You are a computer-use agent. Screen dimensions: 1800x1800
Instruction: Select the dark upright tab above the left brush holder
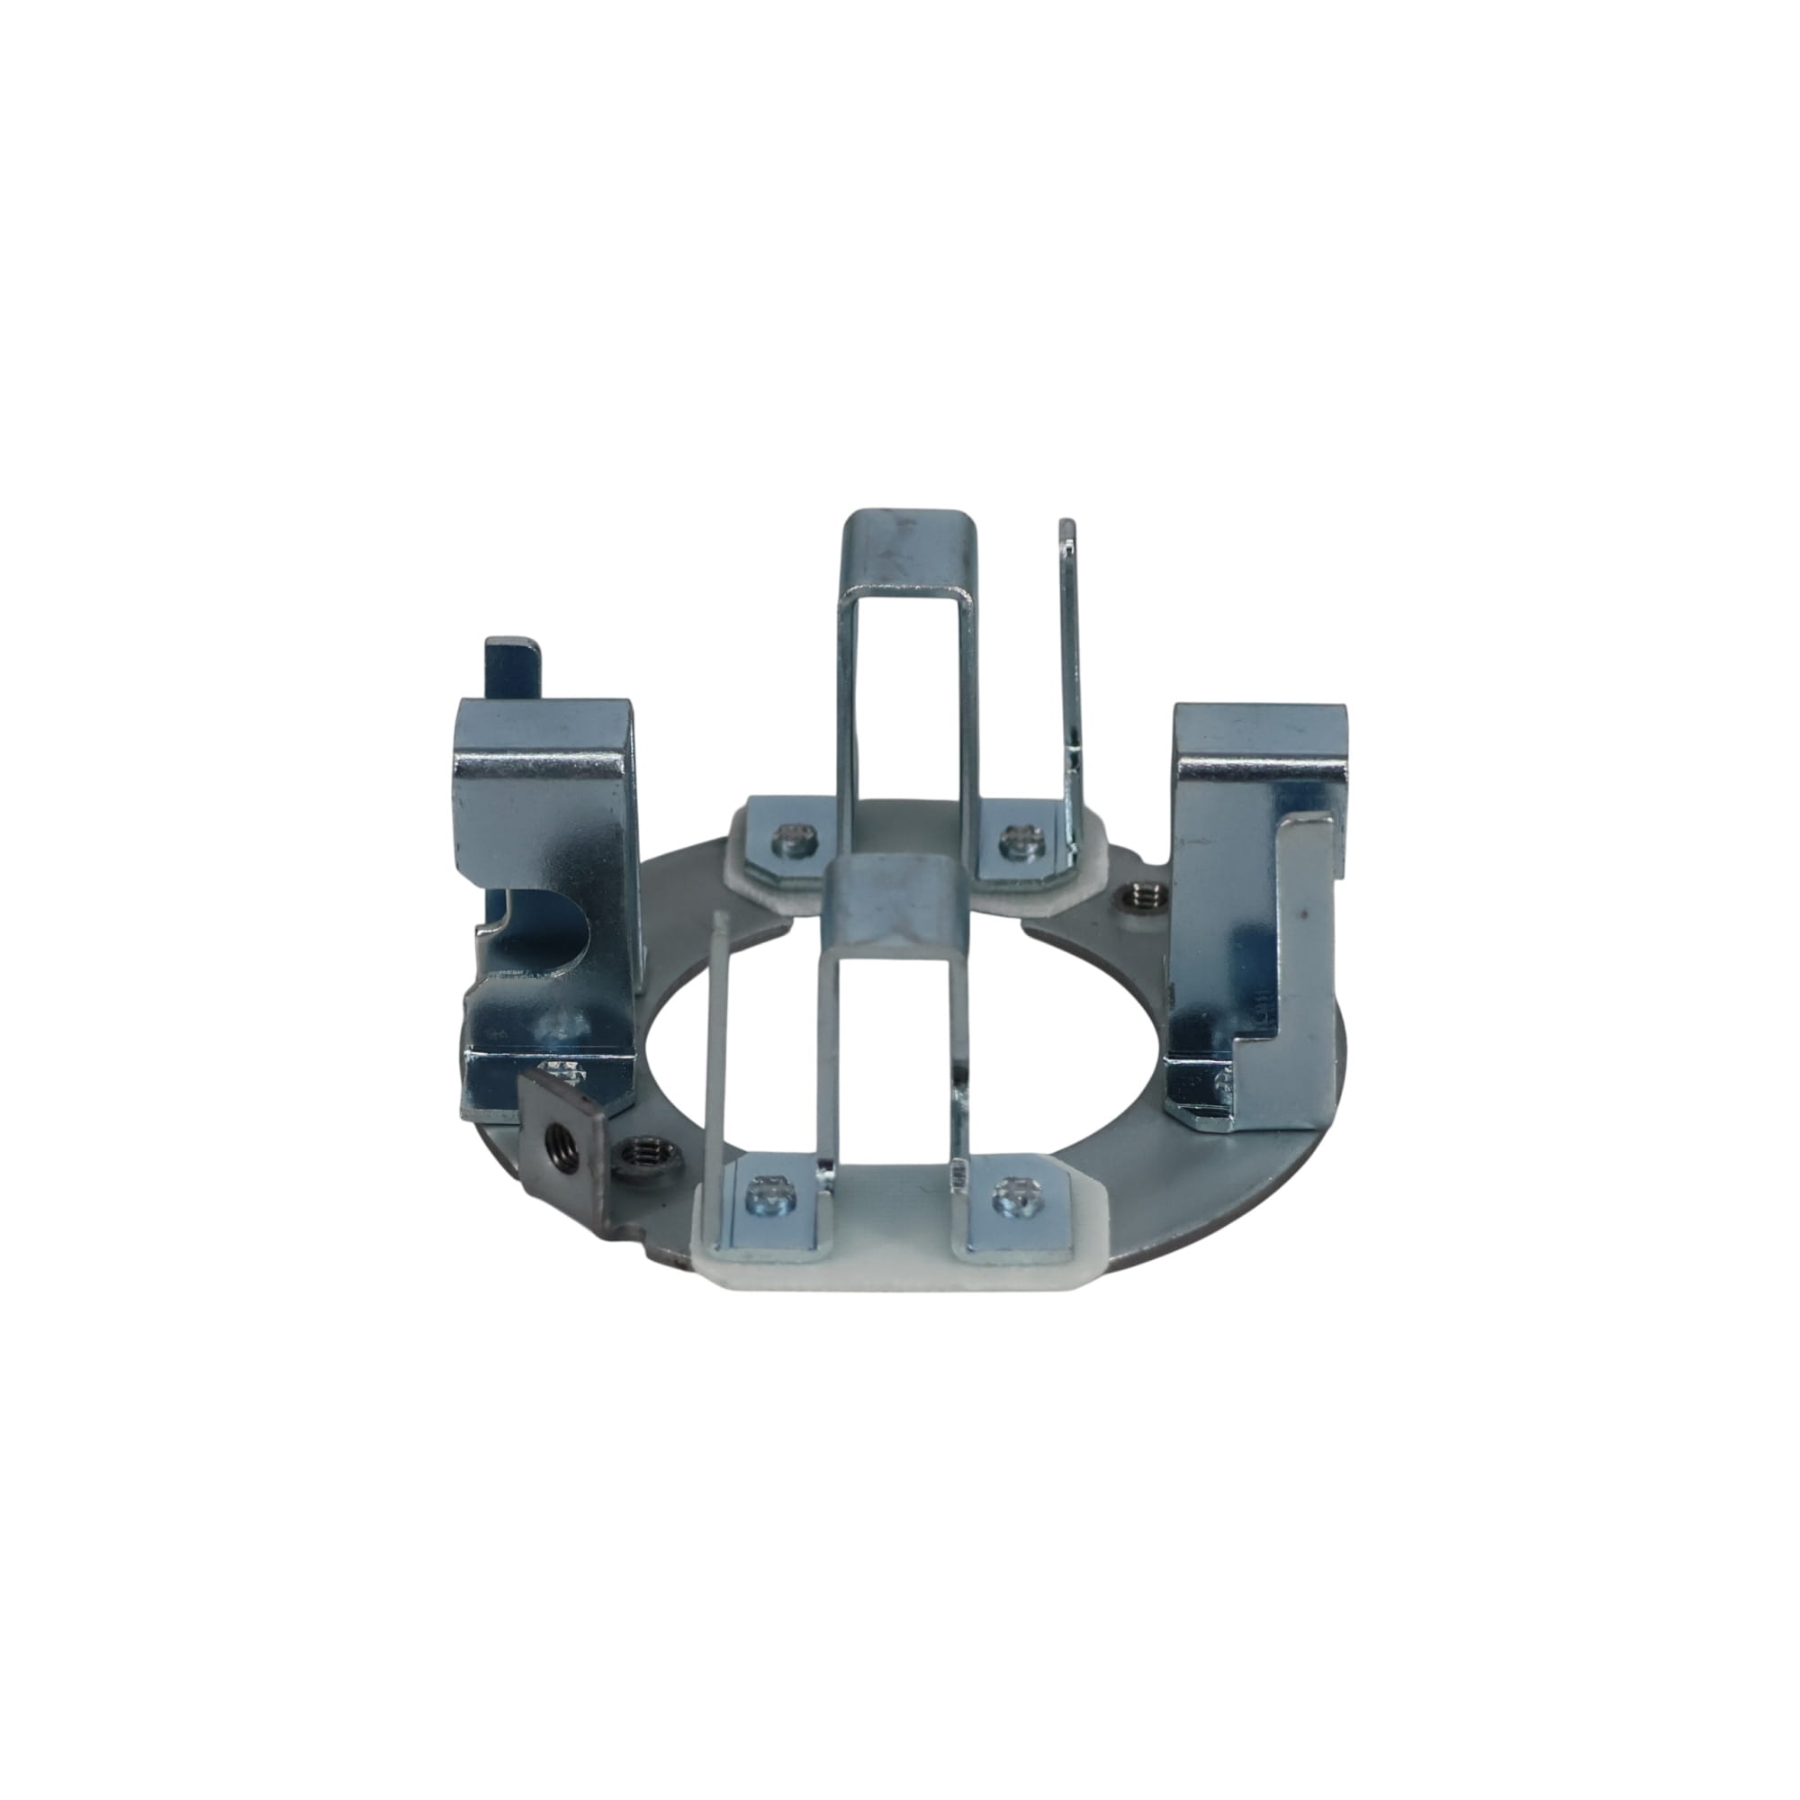tap(510, 670)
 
